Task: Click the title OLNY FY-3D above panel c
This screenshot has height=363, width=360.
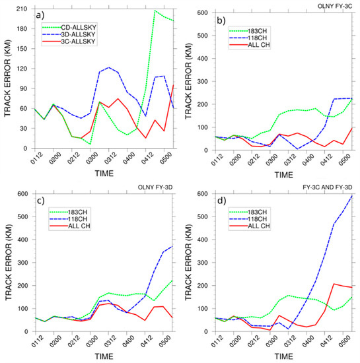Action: [156, 189]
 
